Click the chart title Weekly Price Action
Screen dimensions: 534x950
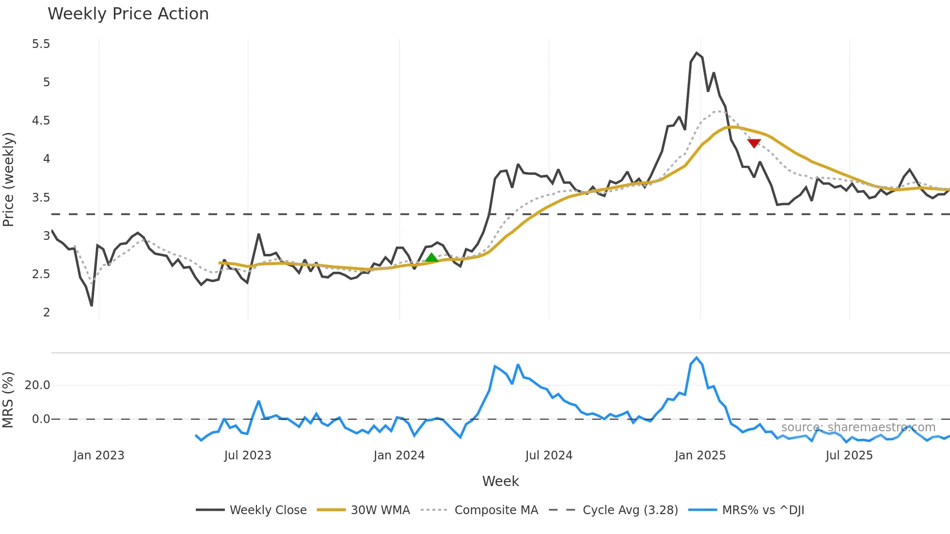pos(128,14)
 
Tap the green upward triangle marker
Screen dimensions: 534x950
pos(431,258)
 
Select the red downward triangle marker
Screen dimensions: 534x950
pos(754,143)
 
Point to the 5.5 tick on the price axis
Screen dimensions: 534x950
pos(41,44)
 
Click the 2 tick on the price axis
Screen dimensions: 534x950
pos(47,313)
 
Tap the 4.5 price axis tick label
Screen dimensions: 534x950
pos(41,121)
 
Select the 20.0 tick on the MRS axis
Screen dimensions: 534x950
pos(37,385)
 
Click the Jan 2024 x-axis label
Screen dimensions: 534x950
pos(399,455)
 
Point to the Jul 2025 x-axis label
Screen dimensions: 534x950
pos(849,455)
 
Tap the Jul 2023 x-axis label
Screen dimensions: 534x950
pos(248,455)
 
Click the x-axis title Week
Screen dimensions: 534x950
pos(500,481)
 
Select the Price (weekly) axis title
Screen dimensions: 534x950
pos(9,179)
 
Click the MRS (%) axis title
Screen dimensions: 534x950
pos(8,400)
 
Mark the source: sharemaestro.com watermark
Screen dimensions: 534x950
pos(858,427)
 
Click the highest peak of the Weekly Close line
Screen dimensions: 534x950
pos(697,53)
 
